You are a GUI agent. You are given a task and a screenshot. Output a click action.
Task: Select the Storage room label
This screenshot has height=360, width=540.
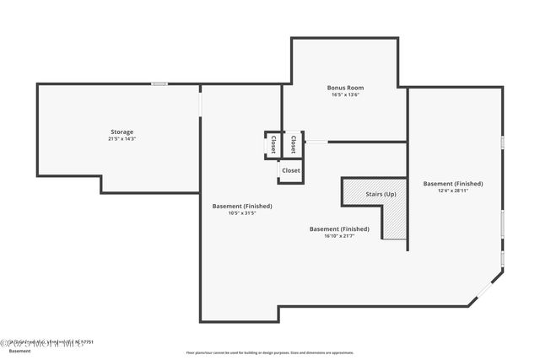[121, 132]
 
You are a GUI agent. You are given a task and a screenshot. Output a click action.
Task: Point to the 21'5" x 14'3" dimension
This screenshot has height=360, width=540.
[121, 139]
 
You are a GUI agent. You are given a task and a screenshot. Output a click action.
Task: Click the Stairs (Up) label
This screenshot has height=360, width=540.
[381, 195]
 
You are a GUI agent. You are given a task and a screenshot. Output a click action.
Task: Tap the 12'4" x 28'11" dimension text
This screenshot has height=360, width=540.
[453, 191]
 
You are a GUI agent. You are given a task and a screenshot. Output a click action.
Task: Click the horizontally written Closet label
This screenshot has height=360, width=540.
[290, 170]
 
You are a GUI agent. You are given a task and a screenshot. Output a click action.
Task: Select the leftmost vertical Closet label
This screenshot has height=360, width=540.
[273, 144]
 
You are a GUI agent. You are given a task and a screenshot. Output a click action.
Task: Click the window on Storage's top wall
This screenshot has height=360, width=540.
[159, 83]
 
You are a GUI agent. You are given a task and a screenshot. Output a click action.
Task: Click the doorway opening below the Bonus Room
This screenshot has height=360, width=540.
[316, 142]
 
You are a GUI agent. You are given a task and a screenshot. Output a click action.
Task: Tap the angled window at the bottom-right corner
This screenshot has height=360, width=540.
[486, 289]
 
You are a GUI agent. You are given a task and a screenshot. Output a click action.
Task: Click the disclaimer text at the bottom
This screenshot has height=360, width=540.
[270, 352]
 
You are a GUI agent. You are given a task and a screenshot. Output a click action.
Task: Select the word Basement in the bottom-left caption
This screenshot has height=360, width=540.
[19, 351]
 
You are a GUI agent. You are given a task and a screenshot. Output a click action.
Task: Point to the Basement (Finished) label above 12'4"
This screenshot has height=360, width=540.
[453, 183]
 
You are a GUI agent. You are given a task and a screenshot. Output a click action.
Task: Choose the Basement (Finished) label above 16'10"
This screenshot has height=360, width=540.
[339, 228]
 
